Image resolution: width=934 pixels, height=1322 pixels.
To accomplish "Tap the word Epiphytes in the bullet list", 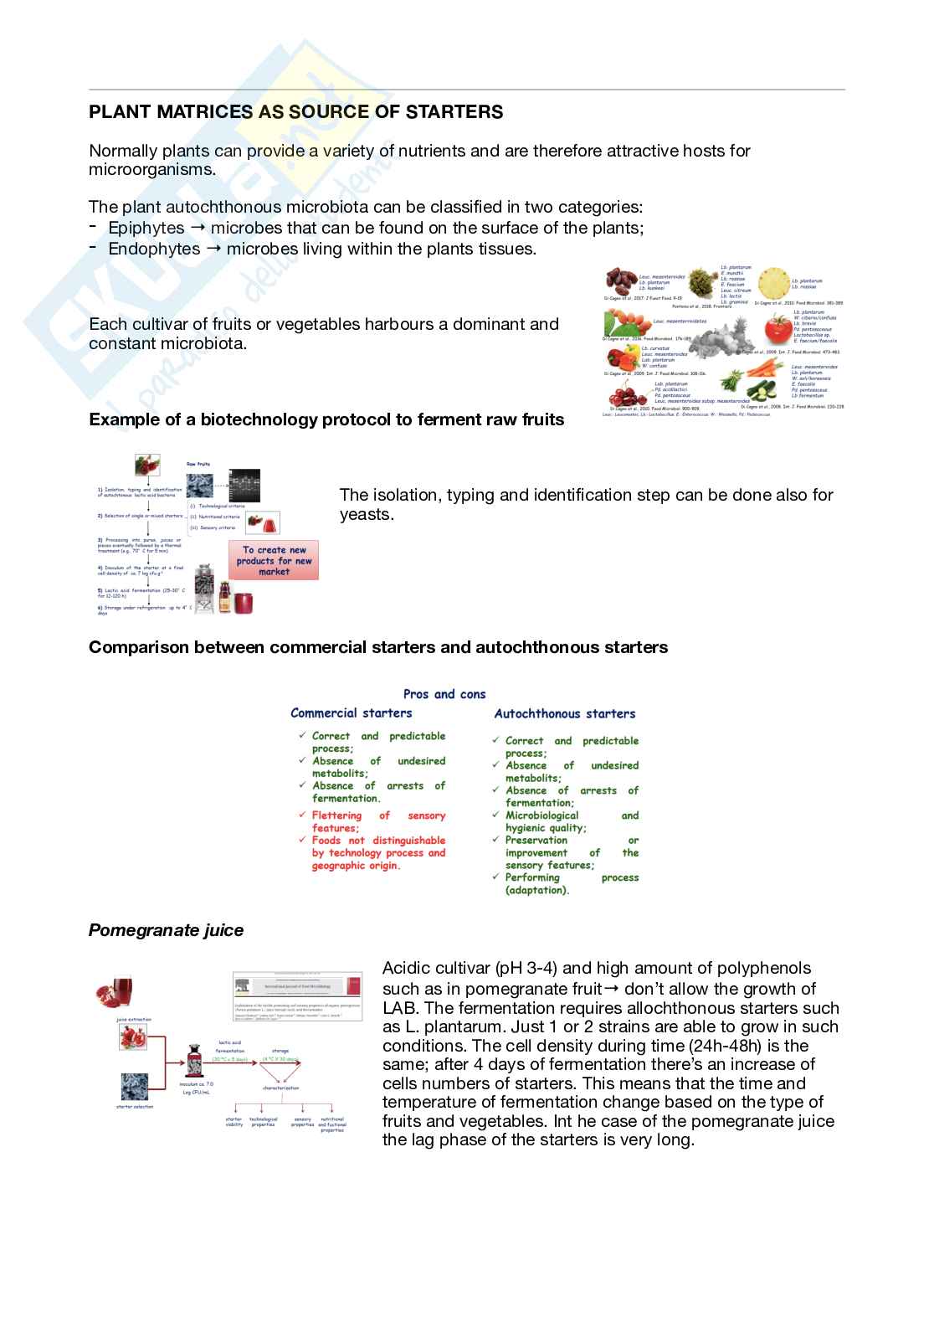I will click(146, 228).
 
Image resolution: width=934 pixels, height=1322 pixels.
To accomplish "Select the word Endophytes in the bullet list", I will click(154, 249).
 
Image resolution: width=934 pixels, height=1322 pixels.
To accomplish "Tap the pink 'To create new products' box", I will click(274, 561).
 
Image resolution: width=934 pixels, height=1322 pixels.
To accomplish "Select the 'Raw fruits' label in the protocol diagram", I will click(198, 464).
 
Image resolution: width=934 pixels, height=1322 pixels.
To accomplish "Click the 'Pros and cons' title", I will click(444, 694).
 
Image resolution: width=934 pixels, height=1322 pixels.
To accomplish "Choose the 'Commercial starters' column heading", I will click(351, 713).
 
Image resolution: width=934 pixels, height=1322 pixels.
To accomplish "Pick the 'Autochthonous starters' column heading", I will click(565, 714).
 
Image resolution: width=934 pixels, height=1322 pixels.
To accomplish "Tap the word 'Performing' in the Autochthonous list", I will click(532, 877).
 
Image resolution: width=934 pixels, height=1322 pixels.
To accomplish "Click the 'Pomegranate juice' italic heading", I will click(166, 930).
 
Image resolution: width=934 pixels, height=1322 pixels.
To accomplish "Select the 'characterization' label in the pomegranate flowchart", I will click(280, 1088).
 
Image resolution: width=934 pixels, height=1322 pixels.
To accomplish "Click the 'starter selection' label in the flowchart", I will click(135, 1107).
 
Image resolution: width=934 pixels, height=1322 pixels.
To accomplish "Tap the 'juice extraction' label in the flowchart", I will click(134, 1020).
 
